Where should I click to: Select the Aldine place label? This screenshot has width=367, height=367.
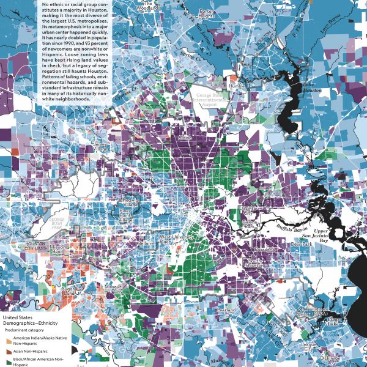pos(184,139)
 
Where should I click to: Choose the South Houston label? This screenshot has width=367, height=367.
pos(255,264)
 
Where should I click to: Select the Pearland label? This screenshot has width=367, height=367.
pos(226,310)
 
